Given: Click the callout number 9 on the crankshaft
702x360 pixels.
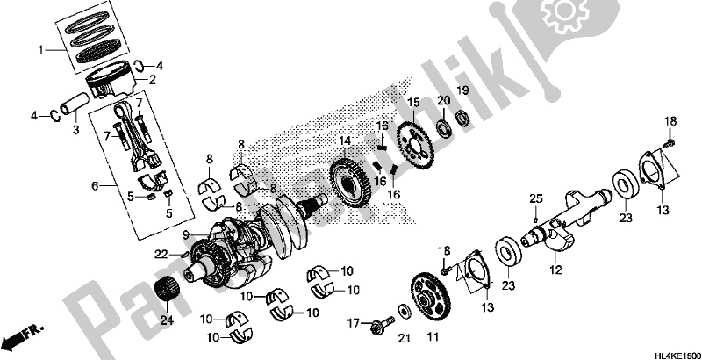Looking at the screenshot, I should (x=187, y=234).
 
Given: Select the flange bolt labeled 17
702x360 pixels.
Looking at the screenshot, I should (x=383, y=328).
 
